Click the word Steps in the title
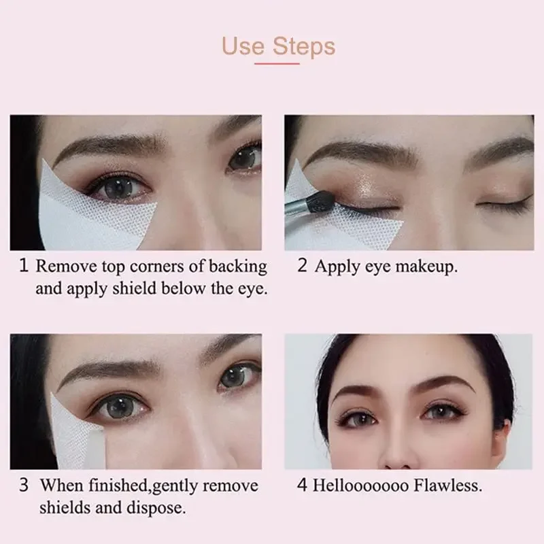tap(304, 48)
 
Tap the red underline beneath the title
tap(277, 63)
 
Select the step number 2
tap(303, 266)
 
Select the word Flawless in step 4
tap(449, 486)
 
